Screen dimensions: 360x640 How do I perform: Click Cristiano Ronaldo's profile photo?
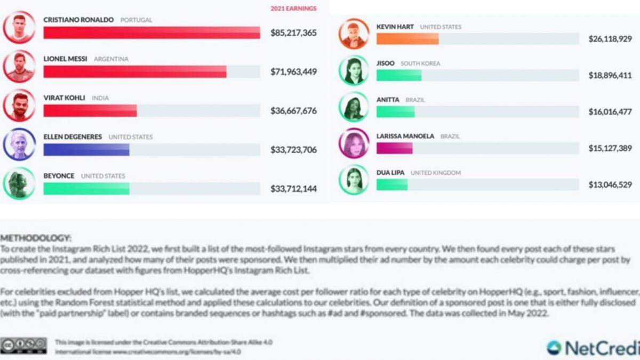pos(19,27)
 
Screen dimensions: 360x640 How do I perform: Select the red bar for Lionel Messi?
pos(134,71)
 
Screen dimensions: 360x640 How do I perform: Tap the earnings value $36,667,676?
pos(293,111)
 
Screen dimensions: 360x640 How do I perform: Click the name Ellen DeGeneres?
pos(73,137)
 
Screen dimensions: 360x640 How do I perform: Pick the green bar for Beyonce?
pos(86,189)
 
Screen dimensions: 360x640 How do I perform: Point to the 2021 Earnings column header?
pos(293,9)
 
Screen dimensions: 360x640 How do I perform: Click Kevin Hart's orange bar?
pos(407,39)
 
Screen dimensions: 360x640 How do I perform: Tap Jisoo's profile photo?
pos(354,70)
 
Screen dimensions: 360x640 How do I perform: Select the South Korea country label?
pos(420,63)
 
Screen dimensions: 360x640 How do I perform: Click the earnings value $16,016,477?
pos(610,112)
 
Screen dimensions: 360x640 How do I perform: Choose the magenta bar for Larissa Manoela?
pos(394,148)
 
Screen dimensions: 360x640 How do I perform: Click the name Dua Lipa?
pos(390,173)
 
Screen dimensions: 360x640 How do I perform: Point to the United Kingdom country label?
pos(436,173)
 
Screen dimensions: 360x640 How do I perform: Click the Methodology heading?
pos(36,238)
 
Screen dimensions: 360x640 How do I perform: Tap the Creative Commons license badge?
pos(23,346)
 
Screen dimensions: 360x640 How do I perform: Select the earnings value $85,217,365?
pos(293,33)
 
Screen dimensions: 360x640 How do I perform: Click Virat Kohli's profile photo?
pos(19,105)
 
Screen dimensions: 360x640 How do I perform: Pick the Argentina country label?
pos(111,59)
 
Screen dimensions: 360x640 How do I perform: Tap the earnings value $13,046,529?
pos(610,185)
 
